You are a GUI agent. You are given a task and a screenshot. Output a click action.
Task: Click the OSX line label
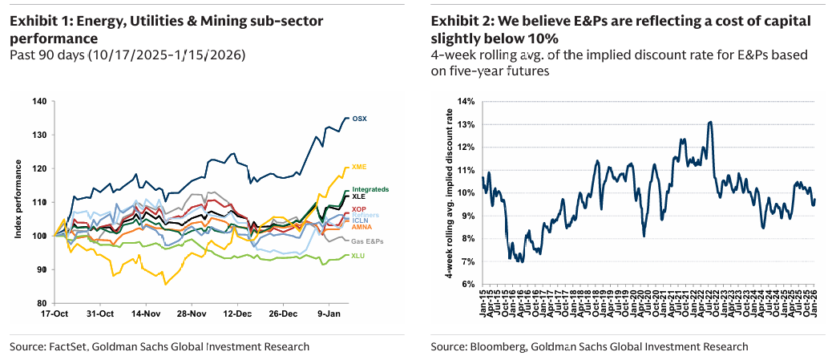click(360, 119)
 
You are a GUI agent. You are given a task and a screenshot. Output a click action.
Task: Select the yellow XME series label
click(360, 167)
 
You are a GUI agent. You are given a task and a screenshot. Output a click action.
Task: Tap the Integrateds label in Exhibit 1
click(370, 189)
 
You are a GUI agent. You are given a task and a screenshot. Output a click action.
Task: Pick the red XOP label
click(360, 209)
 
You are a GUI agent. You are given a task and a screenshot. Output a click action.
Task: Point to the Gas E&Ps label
click(365, 241)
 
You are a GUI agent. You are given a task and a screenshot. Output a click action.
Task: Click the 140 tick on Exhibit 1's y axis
click(38, 101)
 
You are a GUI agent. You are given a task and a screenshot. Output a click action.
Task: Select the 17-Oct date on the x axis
click(54, 313)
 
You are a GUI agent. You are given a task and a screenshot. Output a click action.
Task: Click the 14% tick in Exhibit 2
click(466, 101)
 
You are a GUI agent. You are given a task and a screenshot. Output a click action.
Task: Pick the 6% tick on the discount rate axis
click(469, 285)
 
